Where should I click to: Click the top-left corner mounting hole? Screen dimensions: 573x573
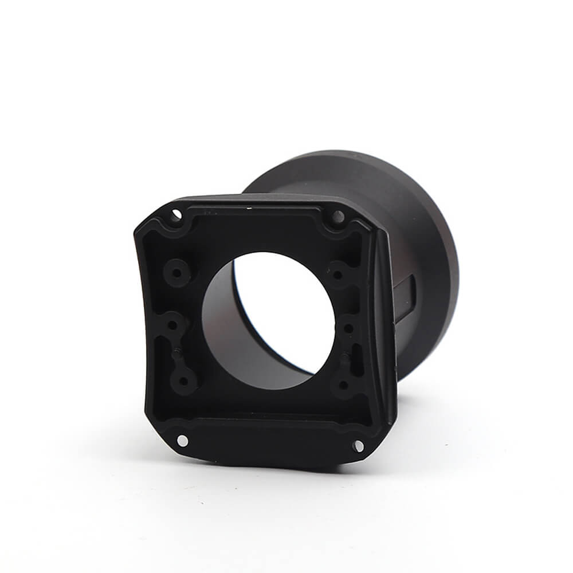pos(176,215)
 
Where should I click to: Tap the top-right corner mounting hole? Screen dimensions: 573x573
pos(338,217)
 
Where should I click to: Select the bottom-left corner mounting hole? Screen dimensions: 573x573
pos(182,440)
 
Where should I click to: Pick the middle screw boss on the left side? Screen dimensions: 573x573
pos(172,325)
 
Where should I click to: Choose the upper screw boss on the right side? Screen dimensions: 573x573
pos(337,274)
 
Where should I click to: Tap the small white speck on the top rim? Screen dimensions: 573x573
pos(250,202)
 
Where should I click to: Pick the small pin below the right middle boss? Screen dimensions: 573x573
pos(344,358)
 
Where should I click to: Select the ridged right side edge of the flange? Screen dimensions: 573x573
pos(385,321)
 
